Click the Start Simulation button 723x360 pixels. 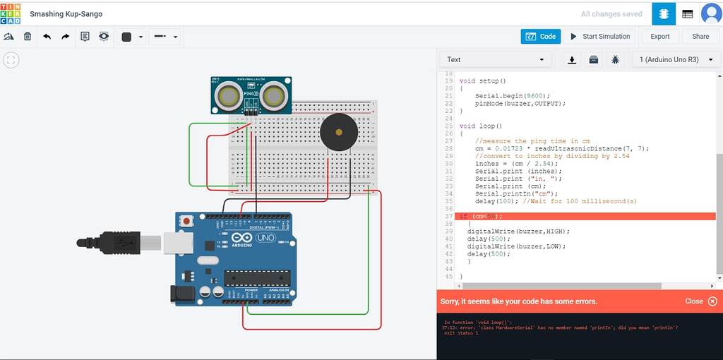coord(600,37)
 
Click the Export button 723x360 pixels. coord(659,37)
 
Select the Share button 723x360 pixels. coord(700,37)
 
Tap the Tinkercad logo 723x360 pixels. coord(11,13)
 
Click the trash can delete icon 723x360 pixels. coord(28,37)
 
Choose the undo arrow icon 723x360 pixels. coord(47,37)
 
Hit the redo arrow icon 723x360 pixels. coord(66,37)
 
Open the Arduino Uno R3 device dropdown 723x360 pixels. coord(674,60)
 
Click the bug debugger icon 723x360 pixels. coord(615,60)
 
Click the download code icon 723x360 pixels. coord(572,60)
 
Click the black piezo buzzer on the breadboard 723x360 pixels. coord(337,131)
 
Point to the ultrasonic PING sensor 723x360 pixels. coord(251,94)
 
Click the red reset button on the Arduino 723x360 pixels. coord(186,222)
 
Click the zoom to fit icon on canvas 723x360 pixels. coord(11,61)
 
